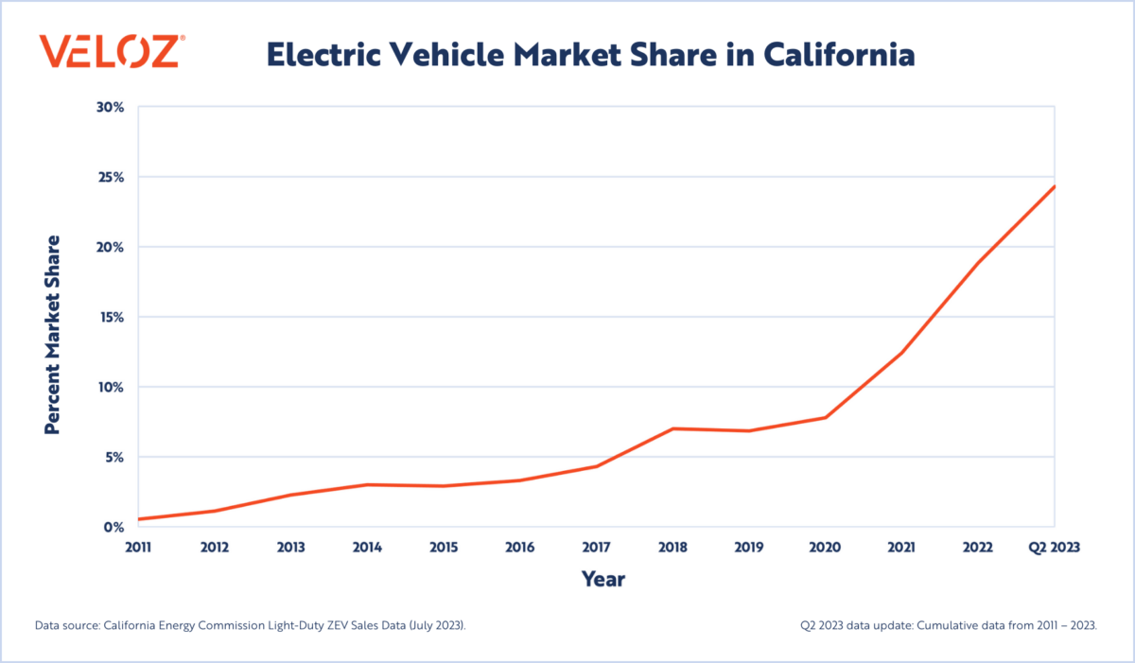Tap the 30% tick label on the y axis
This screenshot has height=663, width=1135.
coord(111,107)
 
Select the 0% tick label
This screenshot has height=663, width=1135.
coord(114,527)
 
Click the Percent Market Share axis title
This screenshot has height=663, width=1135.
coord(53,334)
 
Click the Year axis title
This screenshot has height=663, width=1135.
coord(602,578)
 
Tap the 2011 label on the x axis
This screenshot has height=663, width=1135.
coord(138,547)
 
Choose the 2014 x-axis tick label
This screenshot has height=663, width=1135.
coord(368,547)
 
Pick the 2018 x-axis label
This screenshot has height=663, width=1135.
coord(672,547)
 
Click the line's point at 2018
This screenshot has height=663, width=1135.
coord(672,428)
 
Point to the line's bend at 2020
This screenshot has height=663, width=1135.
coord(826,417)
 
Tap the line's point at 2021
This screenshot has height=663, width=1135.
coord(902,353)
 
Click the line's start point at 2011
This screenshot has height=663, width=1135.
coord(139,519)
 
